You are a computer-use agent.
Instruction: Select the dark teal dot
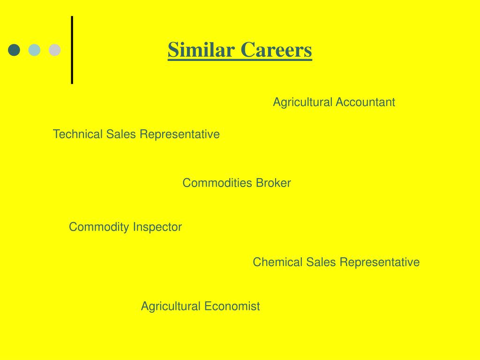tap(15, 50)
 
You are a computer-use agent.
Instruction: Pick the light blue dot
tap(35, 50)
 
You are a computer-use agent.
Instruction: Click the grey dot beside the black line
tap(55, 50)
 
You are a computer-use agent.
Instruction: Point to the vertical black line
tap(72, 50)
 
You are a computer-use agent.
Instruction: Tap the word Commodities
tap(217, 183)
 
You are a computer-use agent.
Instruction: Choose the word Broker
tap(273, 183)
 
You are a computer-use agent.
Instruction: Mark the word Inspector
tap(157, 227)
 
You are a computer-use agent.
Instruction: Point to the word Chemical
tap(278, 262)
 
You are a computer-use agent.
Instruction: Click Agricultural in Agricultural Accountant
tap(303, 102)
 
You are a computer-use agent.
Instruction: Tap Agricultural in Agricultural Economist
tap(171, 307)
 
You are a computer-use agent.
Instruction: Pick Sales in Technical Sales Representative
tap(121, 135)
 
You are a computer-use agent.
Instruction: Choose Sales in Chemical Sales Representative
tap(321, 262)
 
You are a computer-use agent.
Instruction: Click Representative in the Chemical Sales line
tap(380, 262)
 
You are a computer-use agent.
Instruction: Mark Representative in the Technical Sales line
tap(180, 135)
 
